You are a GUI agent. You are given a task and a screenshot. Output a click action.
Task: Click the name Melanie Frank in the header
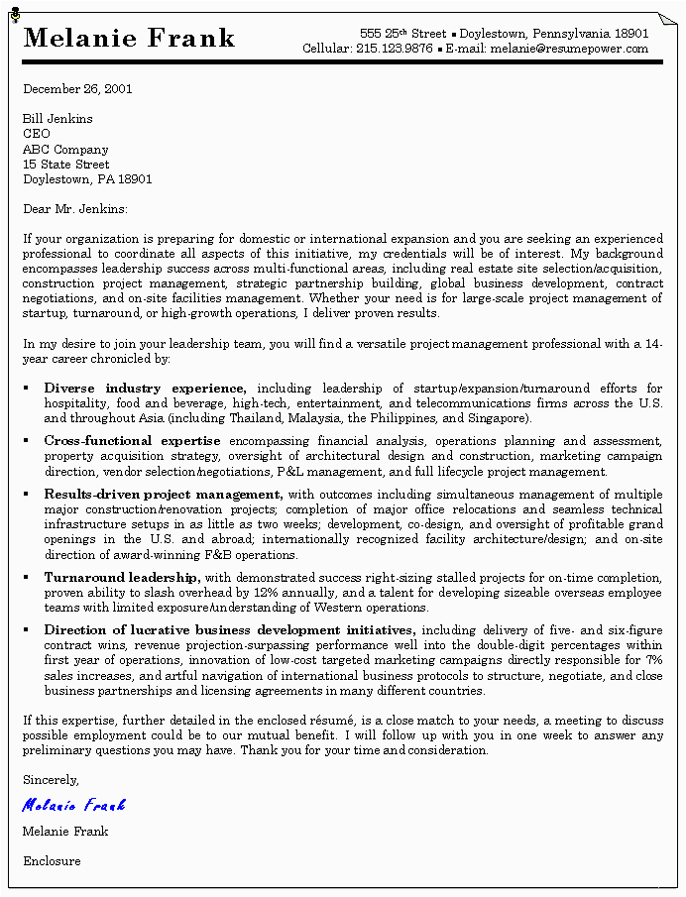[129, 39]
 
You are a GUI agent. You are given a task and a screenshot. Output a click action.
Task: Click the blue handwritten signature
[74, 805]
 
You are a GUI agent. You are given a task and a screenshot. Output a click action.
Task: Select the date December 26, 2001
[77, 89]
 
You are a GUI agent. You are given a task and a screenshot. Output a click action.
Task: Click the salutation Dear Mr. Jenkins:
[75, 209]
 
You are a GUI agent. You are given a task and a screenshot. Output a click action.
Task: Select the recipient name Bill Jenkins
[57, 119]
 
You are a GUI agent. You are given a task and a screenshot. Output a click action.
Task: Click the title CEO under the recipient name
[37, 134]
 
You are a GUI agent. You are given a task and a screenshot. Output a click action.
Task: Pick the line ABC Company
[65, 150]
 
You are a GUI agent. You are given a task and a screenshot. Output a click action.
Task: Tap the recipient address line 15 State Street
[66, 165]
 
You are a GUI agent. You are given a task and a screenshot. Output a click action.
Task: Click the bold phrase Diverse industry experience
[145, 389]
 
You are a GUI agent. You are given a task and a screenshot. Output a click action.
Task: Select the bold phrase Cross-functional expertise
[133, 441]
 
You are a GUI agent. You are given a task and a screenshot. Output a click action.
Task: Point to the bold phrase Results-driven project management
[164, 494]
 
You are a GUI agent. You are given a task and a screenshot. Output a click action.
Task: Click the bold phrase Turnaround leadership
[122, 577]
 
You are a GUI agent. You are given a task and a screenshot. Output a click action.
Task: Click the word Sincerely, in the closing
[51, 780]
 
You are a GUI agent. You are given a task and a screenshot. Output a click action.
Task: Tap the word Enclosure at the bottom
[52, 861]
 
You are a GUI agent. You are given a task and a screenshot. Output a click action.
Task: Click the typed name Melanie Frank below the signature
[65, 832]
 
